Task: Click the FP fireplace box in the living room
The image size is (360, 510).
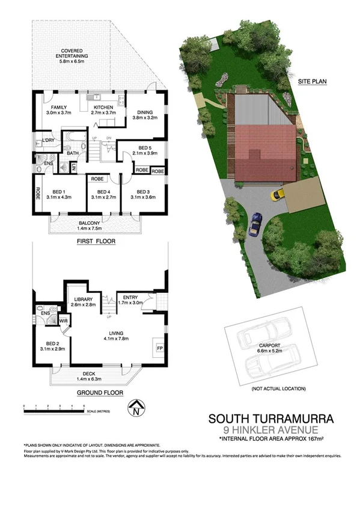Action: (x=160, y=348)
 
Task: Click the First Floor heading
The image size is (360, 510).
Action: (x=96, y=241)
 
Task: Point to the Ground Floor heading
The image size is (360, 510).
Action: (x=100, y=393)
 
